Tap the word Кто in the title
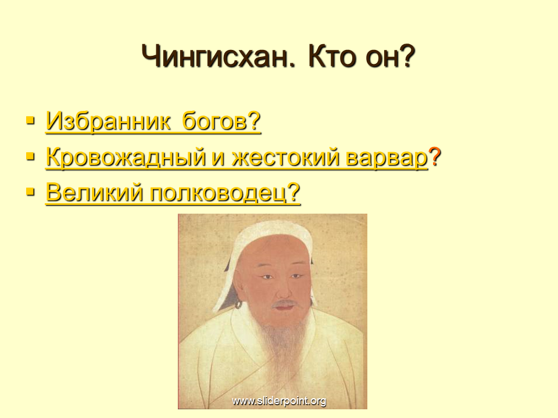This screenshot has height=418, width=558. coord(332,57)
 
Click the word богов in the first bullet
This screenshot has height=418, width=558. coord(214,121)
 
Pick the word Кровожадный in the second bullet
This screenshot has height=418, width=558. coord(126,157)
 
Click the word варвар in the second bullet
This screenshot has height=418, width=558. coord(387,158)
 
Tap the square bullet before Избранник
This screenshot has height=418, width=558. coord(30,120)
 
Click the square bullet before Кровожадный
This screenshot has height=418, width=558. coord(30,156)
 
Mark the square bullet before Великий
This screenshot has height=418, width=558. coord(30,192)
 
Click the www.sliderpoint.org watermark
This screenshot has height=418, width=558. coord(279,401)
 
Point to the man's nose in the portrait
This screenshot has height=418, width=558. coord(284,289)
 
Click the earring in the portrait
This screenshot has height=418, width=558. coord(238,305)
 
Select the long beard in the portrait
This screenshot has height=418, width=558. coord(284,341)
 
